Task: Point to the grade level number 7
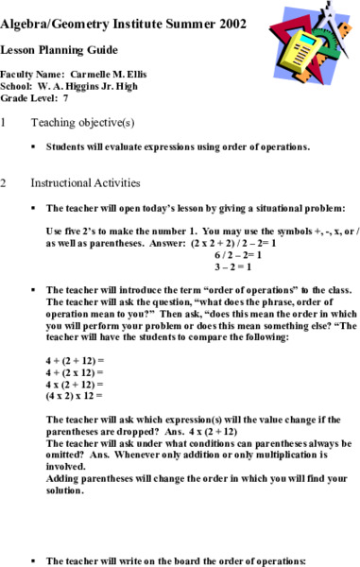pyautogui.click(x=65, y=96)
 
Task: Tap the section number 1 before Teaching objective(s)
pyautogui.click(x=5, y=122)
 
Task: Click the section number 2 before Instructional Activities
pyautogui.click(x=5, y=182)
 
